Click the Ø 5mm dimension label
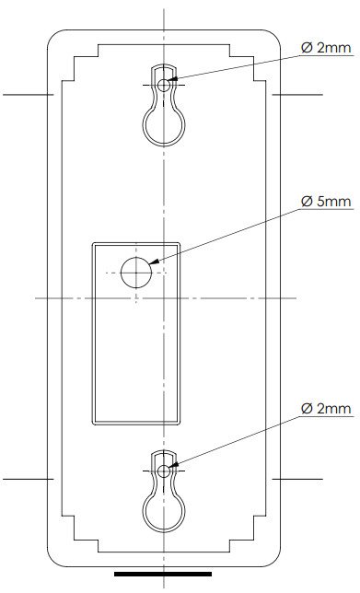pos(326,202)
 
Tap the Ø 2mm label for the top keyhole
pos(326,48)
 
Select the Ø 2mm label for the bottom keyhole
pos(326,409)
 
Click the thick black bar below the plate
pos(163,574)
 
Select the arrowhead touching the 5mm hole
pos(154,261)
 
